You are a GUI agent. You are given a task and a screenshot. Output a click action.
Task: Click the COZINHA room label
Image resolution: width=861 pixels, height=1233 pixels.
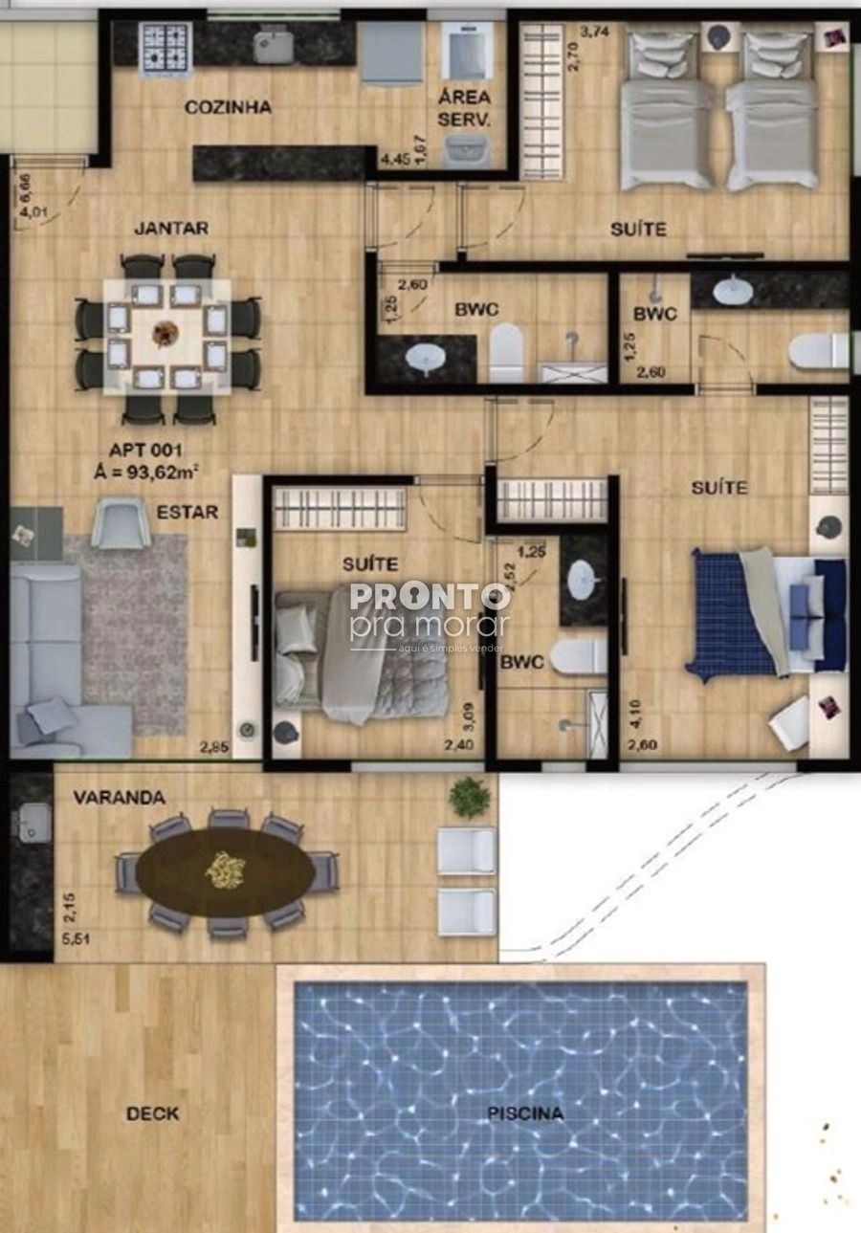228,107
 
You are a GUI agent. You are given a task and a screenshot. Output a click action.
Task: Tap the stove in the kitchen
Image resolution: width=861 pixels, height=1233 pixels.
166,48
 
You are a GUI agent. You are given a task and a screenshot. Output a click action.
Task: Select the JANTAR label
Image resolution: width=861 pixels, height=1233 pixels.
171,229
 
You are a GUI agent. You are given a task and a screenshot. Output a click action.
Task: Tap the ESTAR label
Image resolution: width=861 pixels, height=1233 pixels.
188,512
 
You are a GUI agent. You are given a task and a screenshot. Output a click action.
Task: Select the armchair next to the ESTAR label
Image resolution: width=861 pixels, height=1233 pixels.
121,523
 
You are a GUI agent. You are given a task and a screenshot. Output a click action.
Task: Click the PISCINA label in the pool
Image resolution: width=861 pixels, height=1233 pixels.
525,1113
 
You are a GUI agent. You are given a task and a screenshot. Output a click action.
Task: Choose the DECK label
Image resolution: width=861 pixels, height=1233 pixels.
152,1113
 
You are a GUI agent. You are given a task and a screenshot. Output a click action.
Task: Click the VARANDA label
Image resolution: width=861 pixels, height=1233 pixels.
120,797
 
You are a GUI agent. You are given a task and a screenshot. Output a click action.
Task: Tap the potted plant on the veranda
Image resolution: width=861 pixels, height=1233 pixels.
469,797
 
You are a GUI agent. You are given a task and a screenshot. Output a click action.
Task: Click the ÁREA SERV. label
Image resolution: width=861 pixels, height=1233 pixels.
464,108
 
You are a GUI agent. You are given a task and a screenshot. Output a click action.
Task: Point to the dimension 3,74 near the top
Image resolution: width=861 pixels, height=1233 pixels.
595,31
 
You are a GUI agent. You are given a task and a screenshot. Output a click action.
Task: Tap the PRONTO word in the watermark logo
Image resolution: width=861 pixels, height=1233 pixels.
430,598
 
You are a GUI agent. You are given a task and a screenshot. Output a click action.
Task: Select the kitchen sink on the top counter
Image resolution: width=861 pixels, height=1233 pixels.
274,46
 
